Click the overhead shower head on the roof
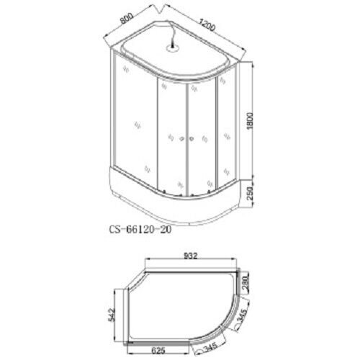(174, 48)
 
